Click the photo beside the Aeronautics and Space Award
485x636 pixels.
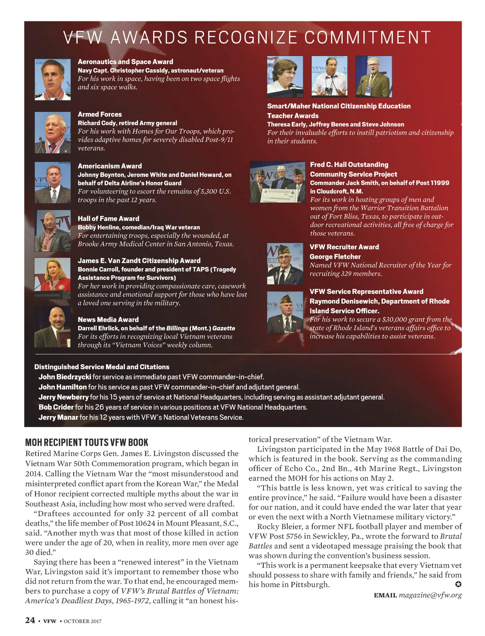53,80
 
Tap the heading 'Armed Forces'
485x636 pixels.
99,114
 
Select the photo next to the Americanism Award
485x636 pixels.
53,183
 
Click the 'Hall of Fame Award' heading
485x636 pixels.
108,218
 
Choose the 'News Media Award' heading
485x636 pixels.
108,319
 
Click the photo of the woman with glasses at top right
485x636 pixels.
285,77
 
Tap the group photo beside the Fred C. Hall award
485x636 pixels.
277,182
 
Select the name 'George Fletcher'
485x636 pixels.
335,256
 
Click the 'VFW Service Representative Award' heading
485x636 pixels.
366,292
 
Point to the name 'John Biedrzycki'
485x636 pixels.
65,377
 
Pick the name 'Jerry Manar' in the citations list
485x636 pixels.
58,417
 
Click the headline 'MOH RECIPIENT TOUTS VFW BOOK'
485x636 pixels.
86,442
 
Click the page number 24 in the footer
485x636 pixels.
30,620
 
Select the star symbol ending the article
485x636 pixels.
458,584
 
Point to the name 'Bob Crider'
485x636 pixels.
56,407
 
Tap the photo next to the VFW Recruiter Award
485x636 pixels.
285,264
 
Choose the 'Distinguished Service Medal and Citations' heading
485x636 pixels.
102,367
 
